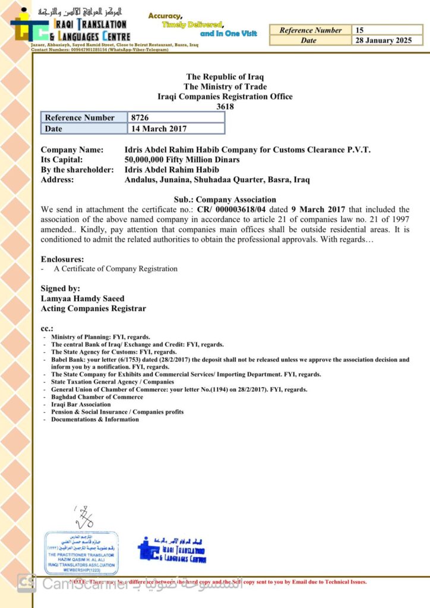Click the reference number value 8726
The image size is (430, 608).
click(140, 118)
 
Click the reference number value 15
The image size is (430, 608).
click(360, 30)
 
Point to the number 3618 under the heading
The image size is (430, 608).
click(225, 107)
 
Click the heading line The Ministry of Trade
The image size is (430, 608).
click(225, 87)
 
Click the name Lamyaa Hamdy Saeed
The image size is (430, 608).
click(83, 299)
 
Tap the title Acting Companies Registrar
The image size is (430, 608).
click(93, 309)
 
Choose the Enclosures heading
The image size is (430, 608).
click(62, 259)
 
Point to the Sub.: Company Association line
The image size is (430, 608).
click(225, 199)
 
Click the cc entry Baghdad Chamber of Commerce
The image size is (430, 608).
click(97, 397)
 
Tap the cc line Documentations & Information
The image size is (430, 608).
click(95, 419)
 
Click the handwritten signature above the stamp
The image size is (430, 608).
click(85, 517)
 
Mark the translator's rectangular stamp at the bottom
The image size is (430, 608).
click(81, 553)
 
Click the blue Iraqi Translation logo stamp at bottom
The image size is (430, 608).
click(172, 550)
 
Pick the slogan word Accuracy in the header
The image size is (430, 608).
click(165, 15)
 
